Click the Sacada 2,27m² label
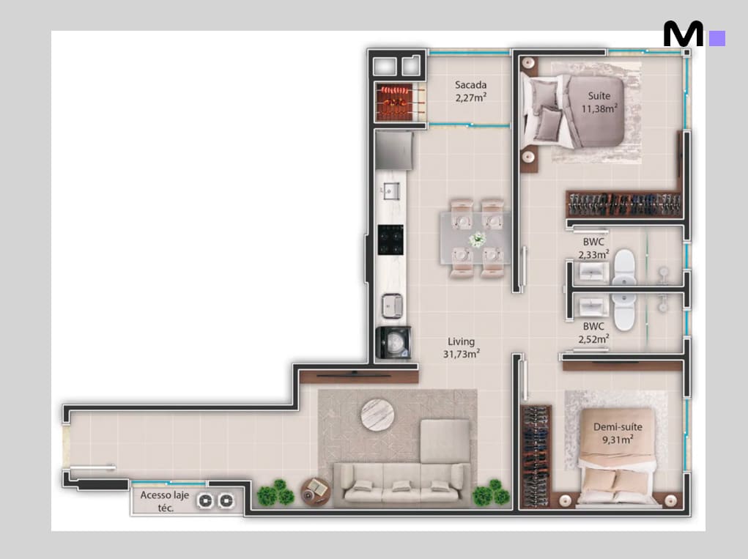pos(470,91)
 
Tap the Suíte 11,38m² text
pos(599,102)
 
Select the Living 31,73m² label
pos(462,348)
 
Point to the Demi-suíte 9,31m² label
pos(618,433)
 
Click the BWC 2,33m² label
pos(593,248)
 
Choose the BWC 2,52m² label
pos(593,333)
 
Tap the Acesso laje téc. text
pos(165,501)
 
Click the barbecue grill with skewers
pos(395,103)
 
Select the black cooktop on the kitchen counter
pos(390,240)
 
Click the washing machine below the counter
pos(393,342)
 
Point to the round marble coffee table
pos(377,415)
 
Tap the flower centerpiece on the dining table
pos(477,239)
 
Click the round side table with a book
pos(316,491)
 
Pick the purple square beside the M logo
pos(717,39)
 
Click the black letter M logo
pos(683,34)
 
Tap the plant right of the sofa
pos(492,493)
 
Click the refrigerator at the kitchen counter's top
pos(393,150)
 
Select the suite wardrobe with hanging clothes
pos(624,204)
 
